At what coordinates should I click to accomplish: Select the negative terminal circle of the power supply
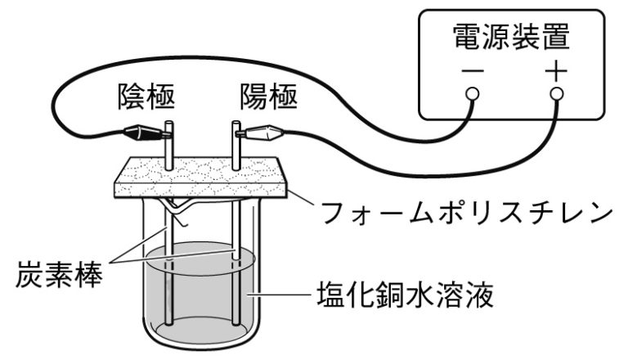472,94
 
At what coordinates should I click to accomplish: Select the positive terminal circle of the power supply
556,94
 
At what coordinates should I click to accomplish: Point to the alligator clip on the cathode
144,130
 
